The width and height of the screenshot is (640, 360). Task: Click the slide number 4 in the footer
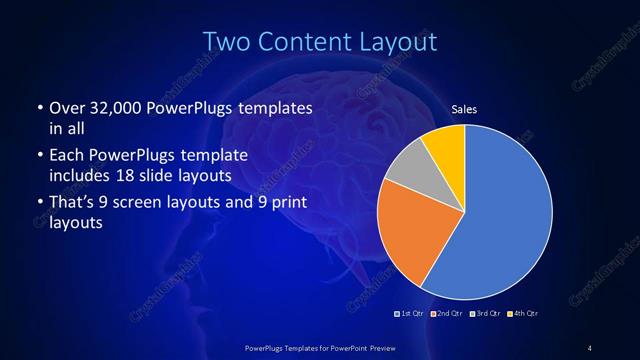[590, 347]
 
